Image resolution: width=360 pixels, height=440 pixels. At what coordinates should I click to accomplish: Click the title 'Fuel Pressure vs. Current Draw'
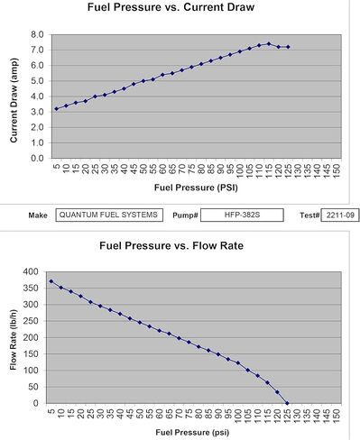click(171, 7)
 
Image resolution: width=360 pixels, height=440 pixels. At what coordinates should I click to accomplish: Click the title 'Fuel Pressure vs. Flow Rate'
click(171, 246)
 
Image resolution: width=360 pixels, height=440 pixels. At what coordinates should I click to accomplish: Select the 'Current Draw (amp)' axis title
click(14, 100)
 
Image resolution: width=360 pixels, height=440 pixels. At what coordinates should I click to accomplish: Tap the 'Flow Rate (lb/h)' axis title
click(14, 339)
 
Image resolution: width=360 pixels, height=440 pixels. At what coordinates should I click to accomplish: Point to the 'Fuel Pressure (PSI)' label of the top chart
click(196, 188)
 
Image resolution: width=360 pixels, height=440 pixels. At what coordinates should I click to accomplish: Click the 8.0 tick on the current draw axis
click(37, 34)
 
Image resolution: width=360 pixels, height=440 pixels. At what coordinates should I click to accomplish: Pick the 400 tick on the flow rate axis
click(31, 271)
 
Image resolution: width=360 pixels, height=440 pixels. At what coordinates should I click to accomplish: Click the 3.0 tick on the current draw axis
click(37, 112)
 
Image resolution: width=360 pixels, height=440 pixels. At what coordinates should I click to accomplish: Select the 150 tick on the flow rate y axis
click(31, 354)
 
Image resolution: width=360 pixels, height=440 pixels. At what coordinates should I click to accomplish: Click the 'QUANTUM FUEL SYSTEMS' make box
click(109, 215)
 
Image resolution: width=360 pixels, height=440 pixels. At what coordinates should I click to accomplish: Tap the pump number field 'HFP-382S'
click(242, 215)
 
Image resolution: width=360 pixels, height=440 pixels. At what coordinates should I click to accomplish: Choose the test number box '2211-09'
click(340, 215)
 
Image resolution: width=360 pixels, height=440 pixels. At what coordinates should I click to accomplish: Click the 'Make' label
click(38, 215)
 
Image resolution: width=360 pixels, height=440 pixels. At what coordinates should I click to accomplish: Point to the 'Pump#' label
click(185, 215)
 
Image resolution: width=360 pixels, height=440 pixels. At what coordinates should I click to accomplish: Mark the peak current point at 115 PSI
click(269, 44)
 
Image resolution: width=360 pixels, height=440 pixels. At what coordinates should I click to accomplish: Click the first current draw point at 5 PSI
click(57, 109)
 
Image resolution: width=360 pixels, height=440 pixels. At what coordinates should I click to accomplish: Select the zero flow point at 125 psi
click(287, 403)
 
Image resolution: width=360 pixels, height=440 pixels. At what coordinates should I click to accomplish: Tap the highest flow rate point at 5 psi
click(51, 281)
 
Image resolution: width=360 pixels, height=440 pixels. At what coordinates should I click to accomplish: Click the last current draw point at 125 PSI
click(288, 47)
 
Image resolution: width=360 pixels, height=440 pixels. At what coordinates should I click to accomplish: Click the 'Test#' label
click(309, 215)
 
